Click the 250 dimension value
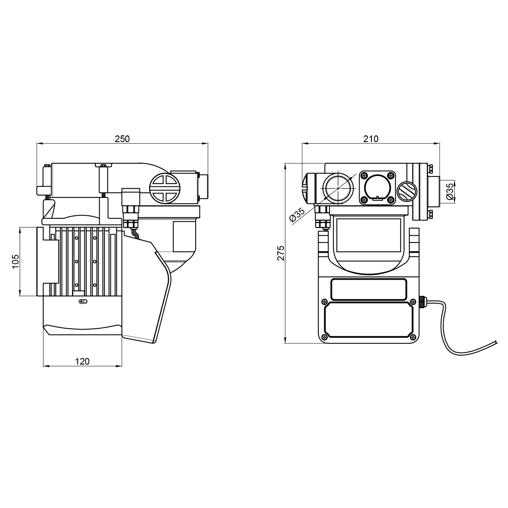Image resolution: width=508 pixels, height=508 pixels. point(122,139)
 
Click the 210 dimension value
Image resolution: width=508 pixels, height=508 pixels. point(371,139)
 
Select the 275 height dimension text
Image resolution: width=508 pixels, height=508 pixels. point(281,253)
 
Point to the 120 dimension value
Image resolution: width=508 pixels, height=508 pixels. point(83,361)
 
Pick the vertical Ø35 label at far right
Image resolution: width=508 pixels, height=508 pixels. point(450,192)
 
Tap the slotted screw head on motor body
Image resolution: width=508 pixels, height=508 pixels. point(82,301)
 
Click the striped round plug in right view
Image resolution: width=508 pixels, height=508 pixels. point(407,192)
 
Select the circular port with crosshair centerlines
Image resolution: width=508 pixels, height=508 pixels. point(338,188)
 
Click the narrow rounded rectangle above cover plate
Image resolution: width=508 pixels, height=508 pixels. point(369,290)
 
